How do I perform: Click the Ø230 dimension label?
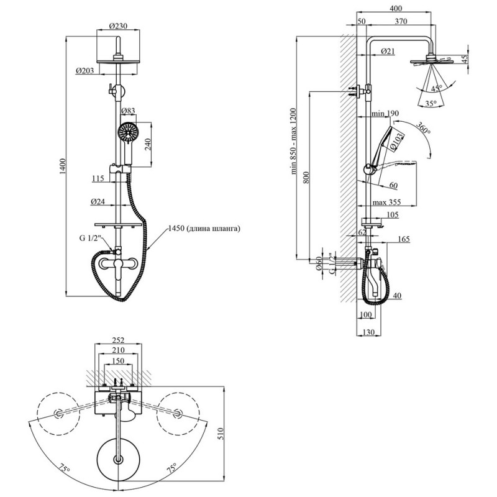pos(118,25)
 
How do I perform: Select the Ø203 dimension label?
pos(85,70)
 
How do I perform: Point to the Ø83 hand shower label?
pos(129,111)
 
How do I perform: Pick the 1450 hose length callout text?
pos(204,228)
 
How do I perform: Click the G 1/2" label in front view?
pos(90,238)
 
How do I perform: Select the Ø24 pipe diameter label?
pos(98,201)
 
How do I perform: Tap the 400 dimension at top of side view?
pos(396,8)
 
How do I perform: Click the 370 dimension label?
pos(401,21)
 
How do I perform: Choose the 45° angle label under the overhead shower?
pos(437,88)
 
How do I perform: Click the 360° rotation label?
pos(424,128)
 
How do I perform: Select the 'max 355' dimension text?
pos(386,202)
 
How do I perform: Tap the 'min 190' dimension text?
pos(385,113)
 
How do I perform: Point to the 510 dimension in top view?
pos(221,434)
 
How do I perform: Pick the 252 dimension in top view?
pos(118,340)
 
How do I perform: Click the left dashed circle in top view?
pos(58,414)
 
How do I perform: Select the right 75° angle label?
pos(172,468)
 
